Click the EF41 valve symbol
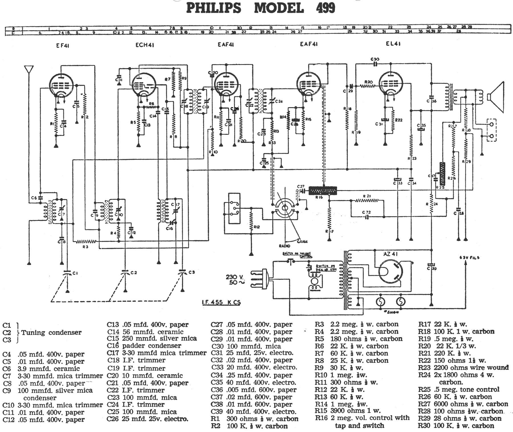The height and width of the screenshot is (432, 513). [62, 85]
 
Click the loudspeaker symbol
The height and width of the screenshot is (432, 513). [496, 97]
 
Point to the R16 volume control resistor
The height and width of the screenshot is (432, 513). [323, 190]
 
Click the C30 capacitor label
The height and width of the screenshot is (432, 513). [375, 59]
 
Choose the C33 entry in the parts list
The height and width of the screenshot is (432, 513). [254, 368]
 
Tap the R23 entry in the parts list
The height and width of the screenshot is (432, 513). [463, 368]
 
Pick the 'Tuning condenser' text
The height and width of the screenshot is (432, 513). [51, 332]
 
